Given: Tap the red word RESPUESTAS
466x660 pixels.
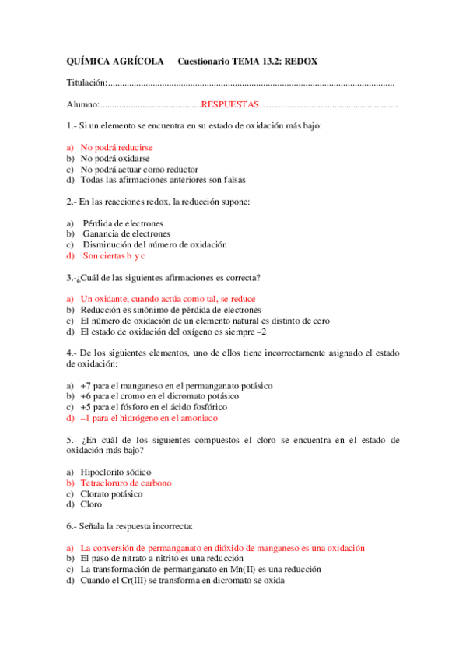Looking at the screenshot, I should pyautogui.click(x=230, y=104).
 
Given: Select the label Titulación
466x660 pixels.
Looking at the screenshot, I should pyautogui.click(x=86, y=82).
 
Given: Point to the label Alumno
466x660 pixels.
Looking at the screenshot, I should pyautogui.click(x=82, y=104).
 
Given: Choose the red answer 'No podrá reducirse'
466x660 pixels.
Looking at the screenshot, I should pyautogui.click(x=117, y=147).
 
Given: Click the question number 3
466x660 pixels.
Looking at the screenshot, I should pyautogui.click(x=70, y=277).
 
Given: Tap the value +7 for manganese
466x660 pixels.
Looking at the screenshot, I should pyautogui.click(x=86, y=385).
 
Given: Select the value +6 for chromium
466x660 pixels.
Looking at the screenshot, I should pyautogui.click(x=86, y=396).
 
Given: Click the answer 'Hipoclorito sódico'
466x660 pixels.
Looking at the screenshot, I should pyautogui.click(x=116, y=472).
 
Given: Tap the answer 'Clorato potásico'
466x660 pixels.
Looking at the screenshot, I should pyautogui.click(x=112, y=493).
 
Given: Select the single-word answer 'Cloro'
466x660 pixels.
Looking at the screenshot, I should pyautogui.click(x=91, y=504).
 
